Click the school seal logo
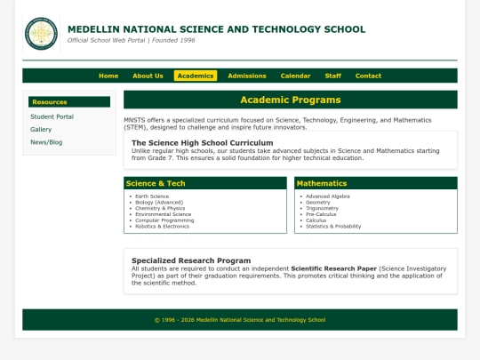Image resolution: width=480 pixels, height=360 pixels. coord(40,33)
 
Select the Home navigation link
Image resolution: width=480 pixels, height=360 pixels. coord(108,76)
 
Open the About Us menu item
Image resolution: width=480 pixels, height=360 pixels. coord(148,76)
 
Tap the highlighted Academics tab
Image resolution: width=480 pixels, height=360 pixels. coord(196,76)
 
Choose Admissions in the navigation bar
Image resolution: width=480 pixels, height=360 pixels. coord(247,76)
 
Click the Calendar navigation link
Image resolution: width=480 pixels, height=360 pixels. coord(295,76)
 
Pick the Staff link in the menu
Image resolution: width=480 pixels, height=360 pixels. coord(333,76)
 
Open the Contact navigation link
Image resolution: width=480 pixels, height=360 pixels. coord(368,76)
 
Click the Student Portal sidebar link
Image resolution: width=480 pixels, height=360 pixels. coord(52,116)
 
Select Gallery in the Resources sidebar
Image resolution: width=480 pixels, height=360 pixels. coord(41,129)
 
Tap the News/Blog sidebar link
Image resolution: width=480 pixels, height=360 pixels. coord(46,142)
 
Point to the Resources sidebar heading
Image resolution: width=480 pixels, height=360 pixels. coord(50,102)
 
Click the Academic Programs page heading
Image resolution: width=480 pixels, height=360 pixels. coord(290,100)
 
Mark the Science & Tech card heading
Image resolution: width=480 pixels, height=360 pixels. coord(156,183)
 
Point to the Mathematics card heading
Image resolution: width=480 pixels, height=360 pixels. coord(322,183)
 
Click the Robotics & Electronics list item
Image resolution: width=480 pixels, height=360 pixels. coord(162,227)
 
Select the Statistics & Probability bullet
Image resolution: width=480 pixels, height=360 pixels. coord(333,227)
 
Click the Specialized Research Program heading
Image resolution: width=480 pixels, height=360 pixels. coord(191,260)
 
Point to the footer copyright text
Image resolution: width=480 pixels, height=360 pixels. coord(240,320)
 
